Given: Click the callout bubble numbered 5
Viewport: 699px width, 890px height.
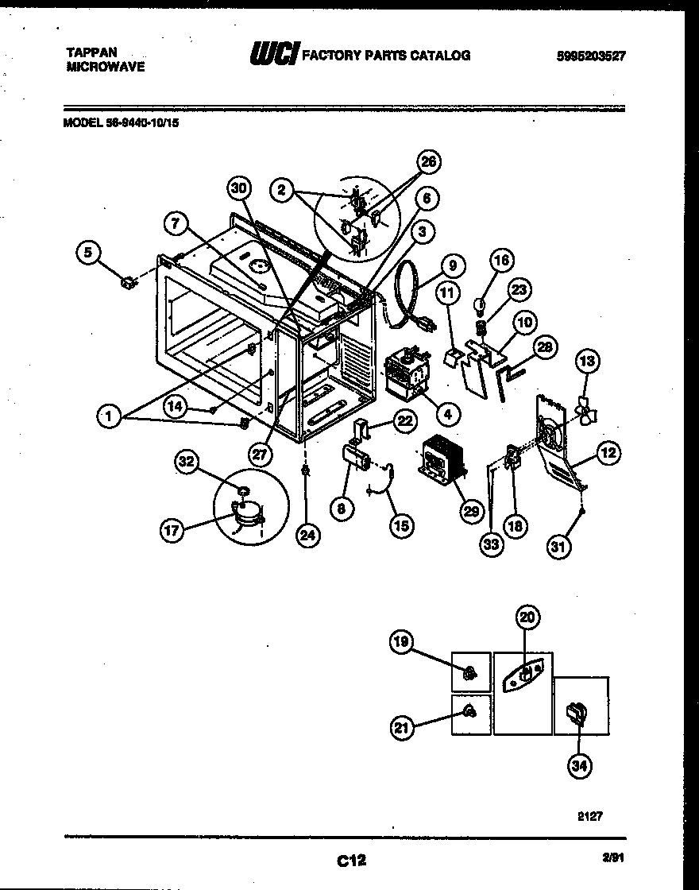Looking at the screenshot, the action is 88,253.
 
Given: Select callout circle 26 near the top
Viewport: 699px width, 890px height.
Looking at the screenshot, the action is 429,163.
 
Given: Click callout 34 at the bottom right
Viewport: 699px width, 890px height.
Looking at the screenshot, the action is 580,765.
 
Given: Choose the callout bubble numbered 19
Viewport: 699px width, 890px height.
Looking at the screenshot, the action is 403,640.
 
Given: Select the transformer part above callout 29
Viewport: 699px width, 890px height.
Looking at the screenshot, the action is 440,460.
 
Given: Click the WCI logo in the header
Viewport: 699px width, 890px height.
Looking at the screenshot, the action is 274,55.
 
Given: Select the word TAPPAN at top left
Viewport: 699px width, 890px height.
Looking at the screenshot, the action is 91,52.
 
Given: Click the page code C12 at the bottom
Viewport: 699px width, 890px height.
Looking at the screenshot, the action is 349,860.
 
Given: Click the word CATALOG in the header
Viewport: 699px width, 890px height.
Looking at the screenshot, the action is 440,55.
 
